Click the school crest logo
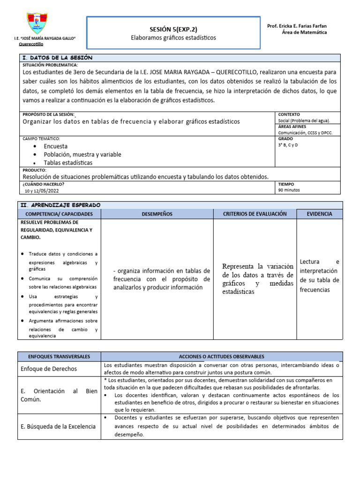point(37,23)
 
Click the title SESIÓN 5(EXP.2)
point(173,29)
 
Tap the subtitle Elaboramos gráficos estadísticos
point(173,37)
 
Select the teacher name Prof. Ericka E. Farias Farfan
point(297,25)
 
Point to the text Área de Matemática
point(304,32)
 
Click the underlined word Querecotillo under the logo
point(30,44)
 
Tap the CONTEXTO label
point(289,114)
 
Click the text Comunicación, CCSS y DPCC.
point(305,133)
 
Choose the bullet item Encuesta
point(55,146)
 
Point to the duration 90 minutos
point(289,190)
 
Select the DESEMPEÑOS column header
point(157,214)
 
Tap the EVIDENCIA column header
point(319,214)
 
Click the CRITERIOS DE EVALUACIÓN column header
point(255,214)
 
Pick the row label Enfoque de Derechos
point(49,369)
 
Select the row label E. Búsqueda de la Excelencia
point(58,426)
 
